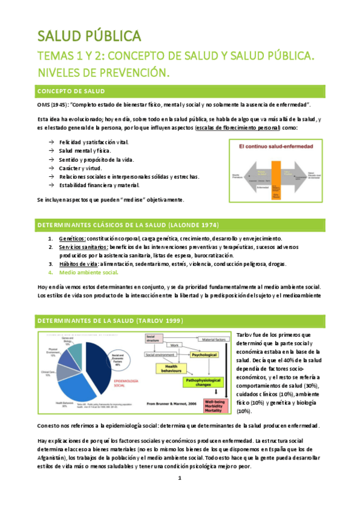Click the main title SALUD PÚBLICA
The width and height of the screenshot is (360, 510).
click(90, 35)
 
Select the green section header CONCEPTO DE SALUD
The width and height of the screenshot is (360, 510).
click(72, 91)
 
